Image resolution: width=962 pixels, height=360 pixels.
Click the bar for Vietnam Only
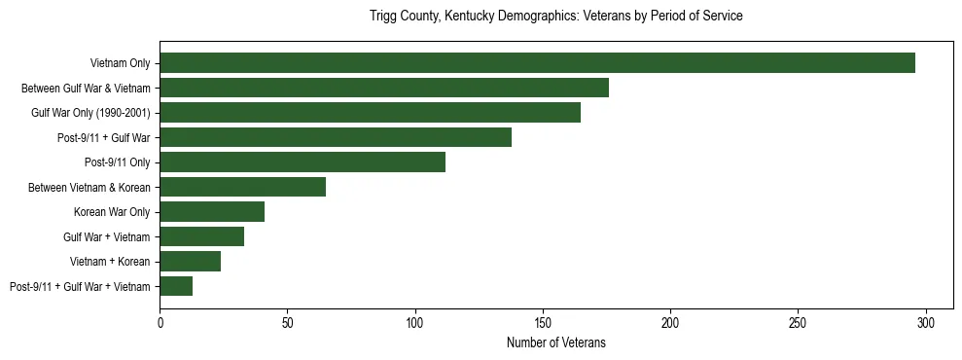[537, 63]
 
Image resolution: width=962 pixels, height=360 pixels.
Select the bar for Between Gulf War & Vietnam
[384, 88]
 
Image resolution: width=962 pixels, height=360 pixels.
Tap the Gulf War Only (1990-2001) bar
[370, 113]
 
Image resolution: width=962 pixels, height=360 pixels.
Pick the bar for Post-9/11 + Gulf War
[336, 137]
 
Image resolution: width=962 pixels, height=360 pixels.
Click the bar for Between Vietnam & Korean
[242, 187]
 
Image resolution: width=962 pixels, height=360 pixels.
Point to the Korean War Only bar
[212, 212]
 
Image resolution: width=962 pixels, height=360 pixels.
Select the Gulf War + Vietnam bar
[201, 236]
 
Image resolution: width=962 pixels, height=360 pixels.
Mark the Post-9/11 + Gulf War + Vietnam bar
[176, 286]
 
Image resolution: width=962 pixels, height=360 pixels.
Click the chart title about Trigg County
[556, 17]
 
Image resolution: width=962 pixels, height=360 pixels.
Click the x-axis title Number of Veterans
[556, 342]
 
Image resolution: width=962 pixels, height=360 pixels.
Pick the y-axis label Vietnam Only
[120, 63]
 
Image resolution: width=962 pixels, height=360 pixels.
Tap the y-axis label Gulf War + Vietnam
[106, 236]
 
